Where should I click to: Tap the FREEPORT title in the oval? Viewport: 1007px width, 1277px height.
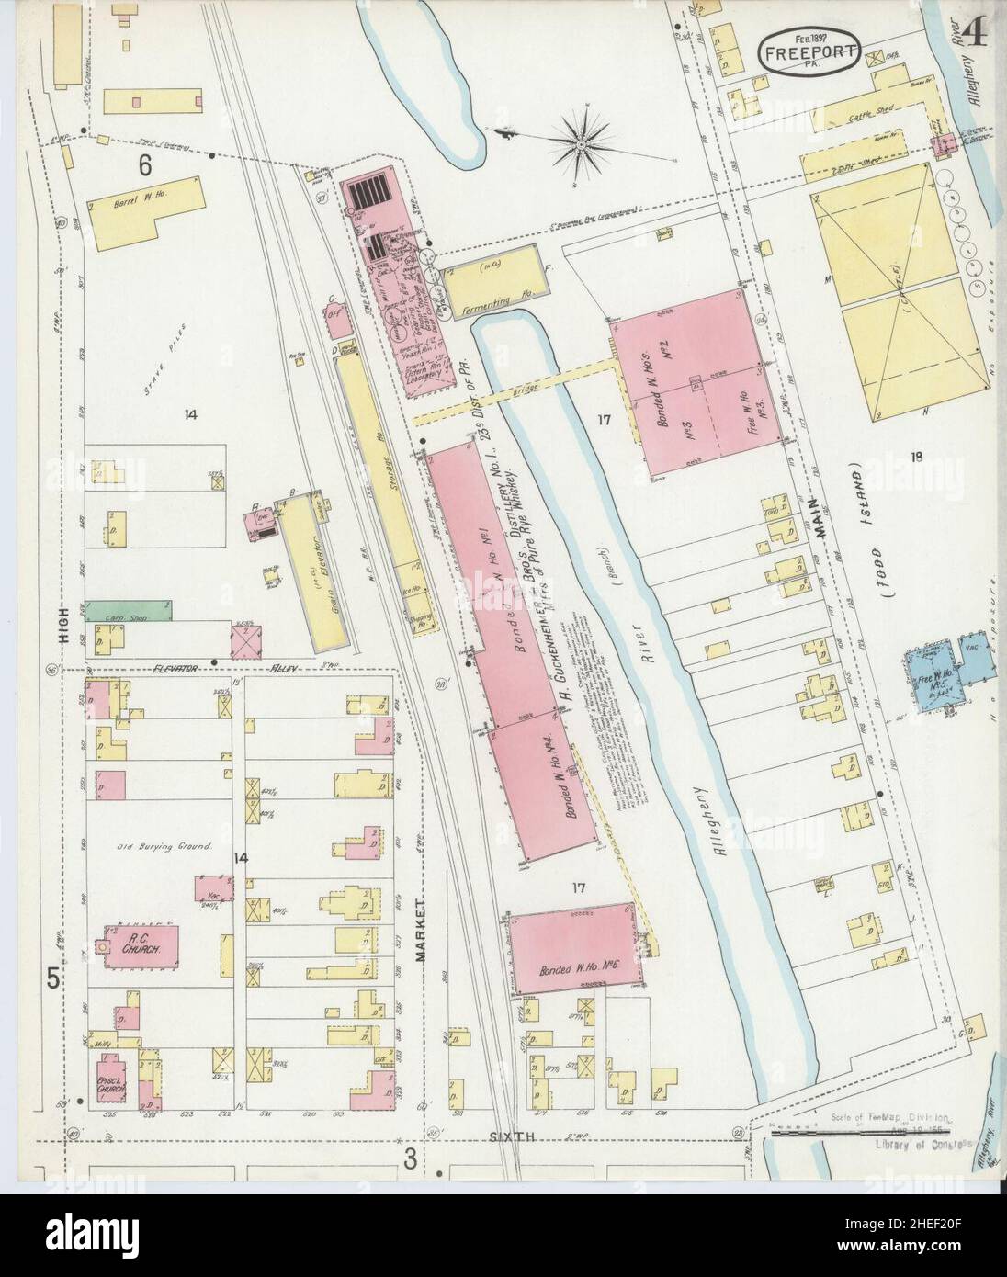point(809,54)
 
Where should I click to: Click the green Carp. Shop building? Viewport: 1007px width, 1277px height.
point(129,609)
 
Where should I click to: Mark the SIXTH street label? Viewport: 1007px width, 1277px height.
point(517,1136)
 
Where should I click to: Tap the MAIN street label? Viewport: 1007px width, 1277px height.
point(822,538)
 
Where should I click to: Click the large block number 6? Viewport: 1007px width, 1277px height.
point(144,166)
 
